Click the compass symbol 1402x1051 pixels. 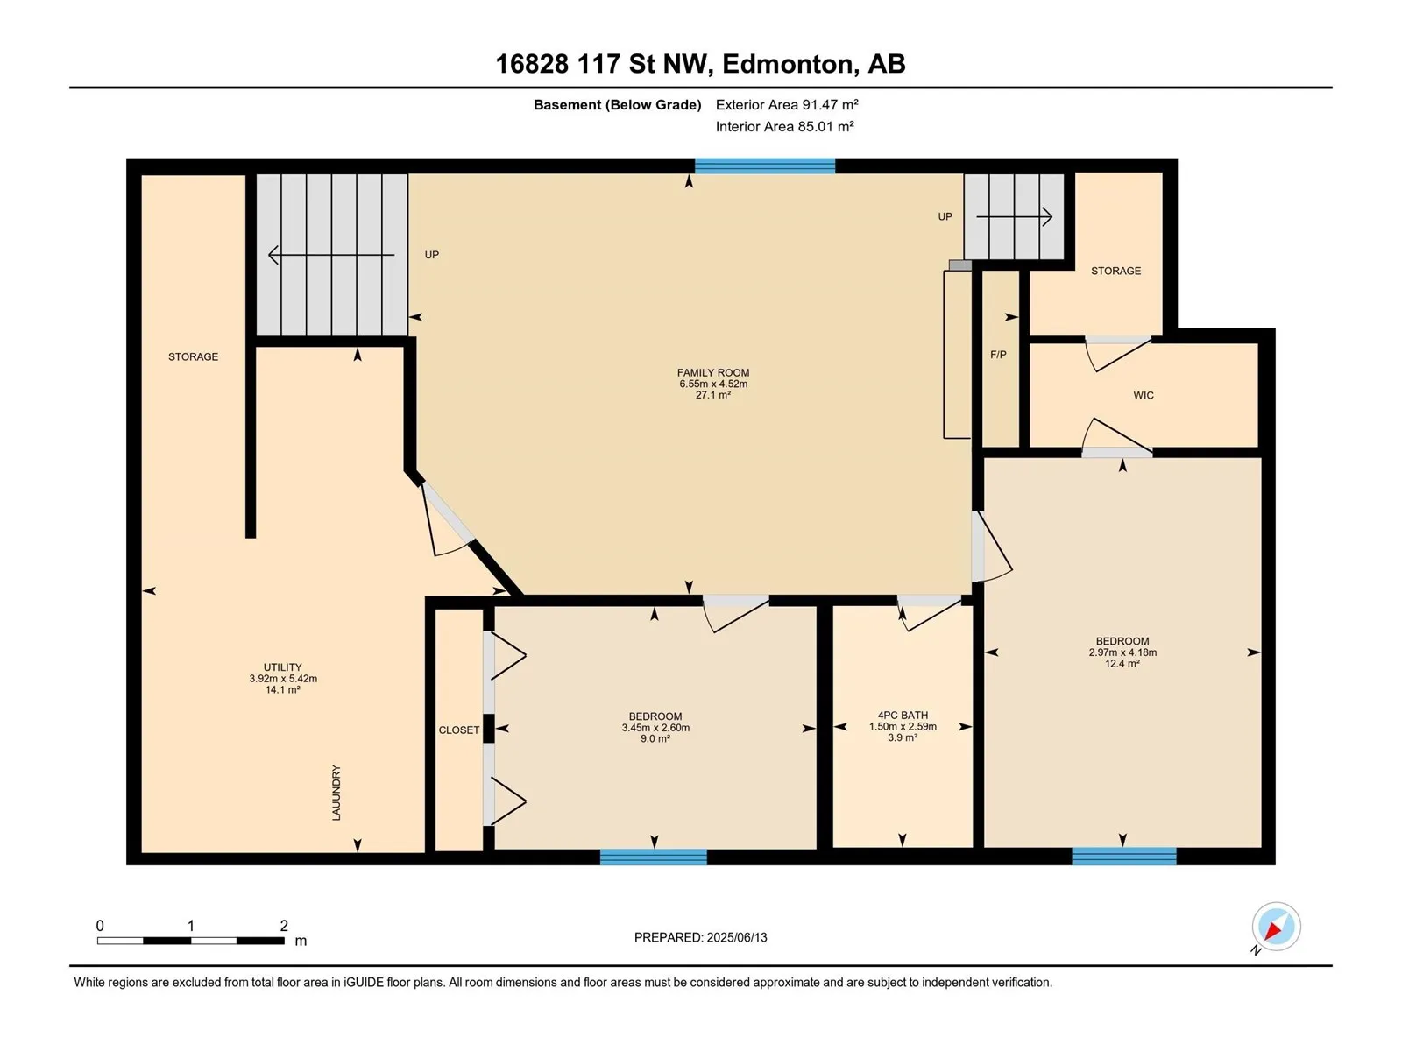(1276, 926)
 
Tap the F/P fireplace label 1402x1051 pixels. (998, 354)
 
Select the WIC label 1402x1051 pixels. (1144, 395)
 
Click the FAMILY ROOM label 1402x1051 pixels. (712, 373)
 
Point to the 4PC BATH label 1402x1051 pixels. (903, 716)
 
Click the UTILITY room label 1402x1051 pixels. (283, 667)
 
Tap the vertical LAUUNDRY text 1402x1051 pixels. (336, 793)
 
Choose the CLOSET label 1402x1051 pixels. (458, 730)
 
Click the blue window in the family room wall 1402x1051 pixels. (765, 166)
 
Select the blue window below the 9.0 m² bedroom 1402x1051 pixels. (654, 857)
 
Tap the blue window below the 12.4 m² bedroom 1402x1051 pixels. (1124, 856)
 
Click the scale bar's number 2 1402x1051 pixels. (284, 925)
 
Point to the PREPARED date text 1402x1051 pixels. (701, 937)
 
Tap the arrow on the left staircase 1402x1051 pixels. (331, 255)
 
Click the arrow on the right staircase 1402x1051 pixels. (1015, 217)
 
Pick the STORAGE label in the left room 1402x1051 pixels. (193, 356)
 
